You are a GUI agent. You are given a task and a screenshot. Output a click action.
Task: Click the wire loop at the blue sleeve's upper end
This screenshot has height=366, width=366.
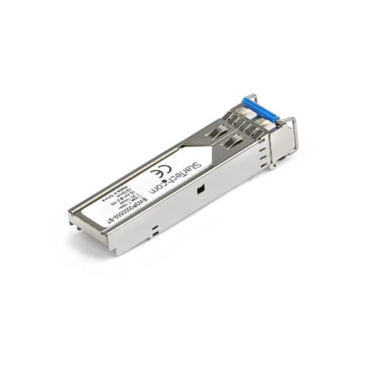248,98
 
